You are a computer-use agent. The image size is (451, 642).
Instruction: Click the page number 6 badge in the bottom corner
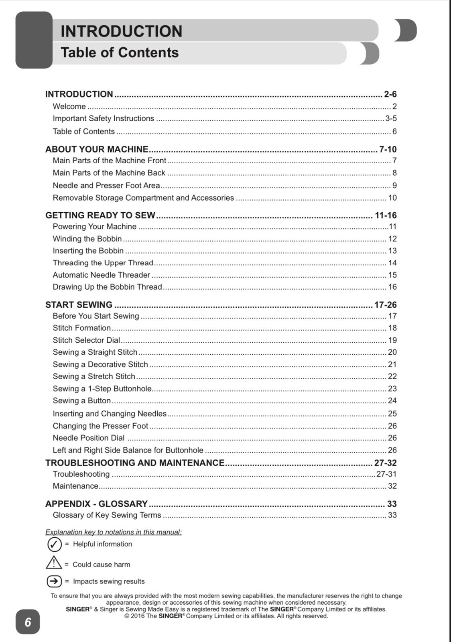[28, 622]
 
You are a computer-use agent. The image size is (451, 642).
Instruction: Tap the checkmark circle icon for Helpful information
[55, 544]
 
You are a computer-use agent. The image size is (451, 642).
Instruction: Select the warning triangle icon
[54, 563]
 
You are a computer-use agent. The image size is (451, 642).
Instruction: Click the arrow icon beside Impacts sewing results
[54, 581]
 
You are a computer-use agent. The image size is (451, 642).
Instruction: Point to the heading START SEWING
[79, 305]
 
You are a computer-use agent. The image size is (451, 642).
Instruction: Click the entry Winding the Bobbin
[87, 239]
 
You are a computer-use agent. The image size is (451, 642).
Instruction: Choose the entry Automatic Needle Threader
[101, 275]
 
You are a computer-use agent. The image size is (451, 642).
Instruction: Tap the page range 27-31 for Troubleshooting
[386, 474]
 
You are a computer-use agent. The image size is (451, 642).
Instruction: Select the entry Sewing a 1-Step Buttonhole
[102, 388]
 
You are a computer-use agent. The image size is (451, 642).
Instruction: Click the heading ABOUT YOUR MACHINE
[97, 149]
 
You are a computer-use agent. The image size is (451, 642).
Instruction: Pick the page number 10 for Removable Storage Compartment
[392, 198]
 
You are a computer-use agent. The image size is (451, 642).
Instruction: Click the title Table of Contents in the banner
[120, 53]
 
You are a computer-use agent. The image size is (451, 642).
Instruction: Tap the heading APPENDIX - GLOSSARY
[96, 504]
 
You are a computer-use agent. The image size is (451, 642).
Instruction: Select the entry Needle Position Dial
[88, 438]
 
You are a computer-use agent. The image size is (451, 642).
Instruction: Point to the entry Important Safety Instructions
[103, 118]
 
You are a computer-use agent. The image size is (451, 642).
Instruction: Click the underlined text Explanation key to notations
[113, 532]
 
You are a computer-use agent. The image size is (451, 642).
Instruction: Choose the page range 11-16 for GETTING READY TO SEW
[385, 215]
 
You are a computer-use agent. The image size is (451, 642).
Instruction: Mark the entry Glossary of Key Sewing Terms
[107, 515]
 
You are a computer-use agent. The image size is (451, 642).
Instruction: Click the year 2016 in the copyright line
[138, 616]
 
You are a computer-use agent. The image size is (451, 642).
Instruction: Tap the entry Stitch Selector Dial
[86, 340]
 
